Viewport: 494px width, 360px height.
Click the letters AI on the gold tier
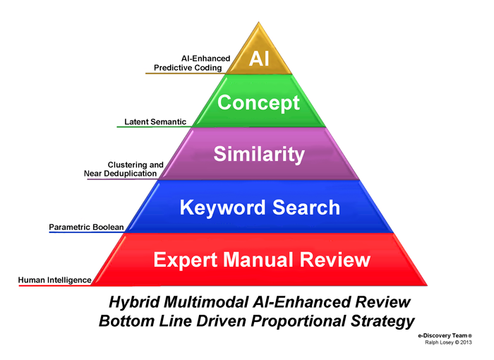click(x=259, y=59)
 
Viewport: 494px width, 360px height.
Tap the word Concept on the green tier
click(x=258, y=103)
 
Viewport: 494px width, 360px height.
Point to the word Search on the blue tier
click(x=306, y=208)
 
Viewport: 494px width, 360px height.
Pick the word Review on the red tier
click(x=335, y=260)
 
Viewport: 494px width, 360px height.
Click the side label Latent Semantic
click(x=155, y=122)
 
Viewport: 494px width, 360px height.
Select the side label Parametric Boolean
click(x=86, y=227)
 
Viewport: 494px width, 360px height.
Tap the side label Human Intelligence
click(x=54, y=280)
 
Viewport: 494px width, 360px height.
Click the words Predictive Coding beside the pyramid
click(x=183, y=68)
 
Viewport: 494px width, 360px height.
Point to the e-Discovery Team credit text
click(x=447, y=335)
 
